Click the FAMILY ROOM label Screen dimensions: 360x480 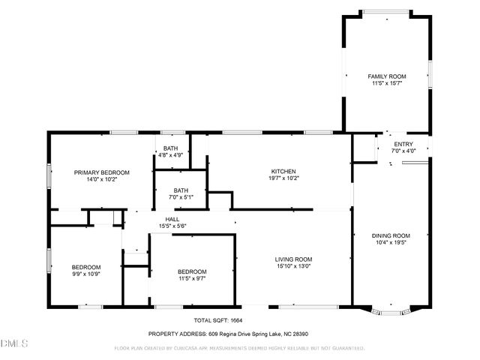coord(386,76)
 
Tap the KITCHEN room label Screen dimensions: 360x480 coord(283,171)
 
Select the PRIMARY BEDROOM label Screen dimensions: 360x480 coord(101,172)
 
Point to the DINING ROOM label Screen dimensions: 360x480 coord(391,235)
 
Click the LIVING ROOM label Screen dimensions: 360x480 coord(293,258)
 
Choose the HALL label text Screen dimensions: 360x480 coord(172,219)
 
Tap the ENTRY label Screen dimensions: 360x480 coord(403,145)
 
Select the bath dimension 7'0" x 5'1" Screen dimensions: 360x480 coord(180,197)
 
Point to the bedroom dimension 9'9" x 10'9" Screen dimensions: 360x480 coord(85,274)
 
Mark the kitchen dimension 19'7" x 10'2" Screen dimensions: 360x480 coord(283,178)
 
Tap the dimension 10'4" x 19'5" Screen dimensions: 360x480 coord(391,242)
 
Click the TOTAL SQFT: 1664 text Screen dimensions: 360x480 coord(212,320)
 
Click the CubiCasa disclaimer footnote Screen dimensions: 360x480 coord(239,348)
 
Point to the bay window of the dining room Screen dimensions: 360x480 coord(391,309)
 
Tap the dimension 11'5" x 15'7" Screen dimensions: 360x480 coord(386,83)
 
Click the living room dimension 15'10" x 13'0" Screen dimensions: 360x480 coord(293,265)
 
